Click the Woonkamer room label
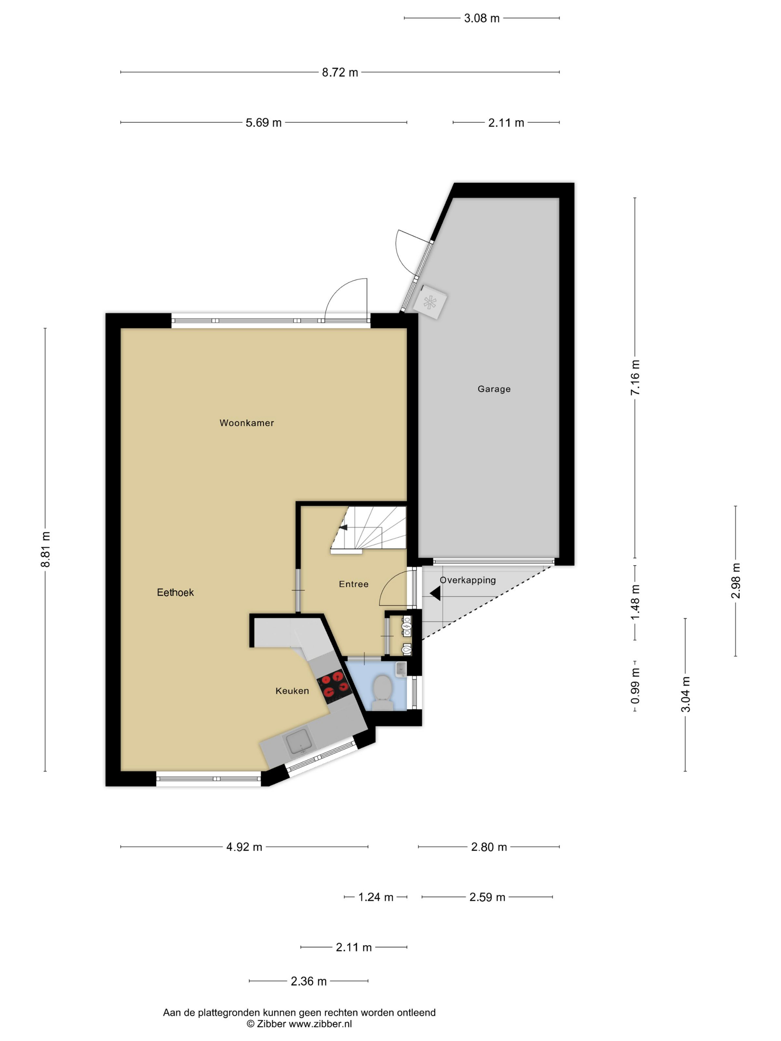pyautogui.click(x=246, y=423)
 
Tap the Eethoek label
pyautogui.click(x=175, y=593)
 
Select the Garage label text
pyautogui.click(x=494, y=389)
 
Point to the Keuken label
pyautogui.click(x=292, y=691)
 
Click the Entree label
pyautogui.click(x=354, y=584)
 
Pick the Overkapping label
pyautogui.click(x=467, y=580)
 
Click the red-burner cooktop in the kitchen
pyautogui.click(x=335, y=684)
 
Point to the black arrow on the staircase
pyautogui.click(x=344, y=527)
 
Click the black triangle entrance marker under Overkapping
pyautogui.click(x=435, y=593)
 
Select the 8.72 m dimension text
pyautogui.click(x=340, y=72)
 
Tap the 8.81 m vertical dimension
pyautogui.click(x=46, y=549)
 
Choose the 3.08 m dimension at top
pyautogui.click(x=482, y=18)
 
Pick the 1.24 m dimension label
pyautogui.click(x=376, y=897)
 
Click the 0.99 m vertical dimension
pyautogui.click(x=635, y=686)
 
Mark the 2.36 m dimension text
pyautogui.click(x=308, y=981)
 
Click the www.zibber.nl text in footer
pyautogui.click(x=320, y=1024)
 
